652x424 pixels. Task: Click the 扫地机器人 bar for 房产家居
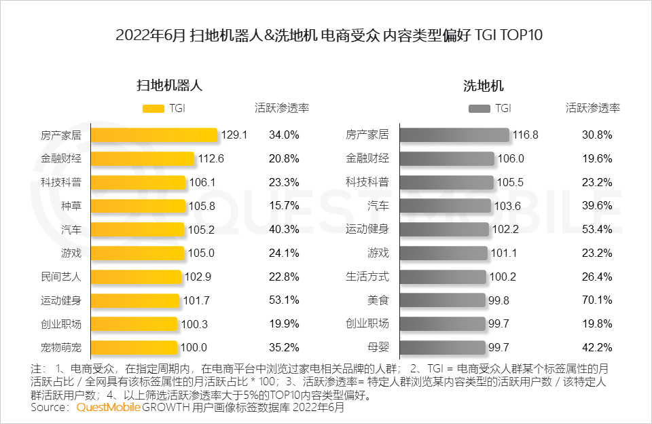pyautogui.click(x=154, y=135)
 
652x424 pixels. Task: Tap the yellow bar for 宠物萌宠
pyautogui.click(x=134, y=347)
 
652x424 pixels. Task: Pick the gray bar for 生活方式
pyautogui.click(x=443, y=277)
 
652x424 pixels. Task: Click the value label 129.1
pyautogui.click(x=234, y=135)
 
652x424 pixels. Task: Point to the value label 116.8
pyautogui.click(x=525, y=135)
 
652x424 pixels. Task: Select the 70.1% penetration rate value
pyautogui.click(x=597, y=300)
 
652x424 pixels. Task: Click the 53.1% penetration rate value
pyautogui.click(x=284, y=300)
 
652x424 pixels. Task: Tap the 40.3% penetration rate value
pyautogui.click(x=284, y=229)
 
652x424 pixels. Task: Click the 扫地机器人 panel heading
pyautogui.click(x=170, y=86)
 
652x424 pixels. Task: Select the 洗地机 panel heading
pyautogui.click(x=483, y=86)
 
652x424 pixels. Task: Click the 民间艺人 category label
pyautogui.click(x=61, y=277)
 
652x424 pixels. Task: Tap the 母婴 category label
pyautogui.click(x=378, y=347)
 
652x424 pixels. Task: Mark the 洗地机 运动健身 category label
pyautogui.click(x=367, y=229)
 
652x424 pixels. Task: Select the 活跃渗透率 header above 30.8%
pyautogui.click(x=593, y=108)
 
